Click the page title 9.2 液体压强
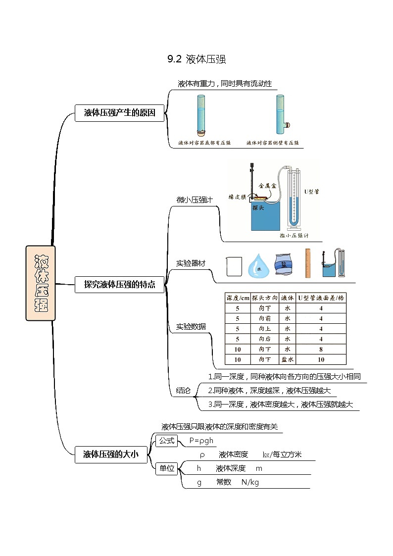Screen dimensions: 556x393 [196, 60]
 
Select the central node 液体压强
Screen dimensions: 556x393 [41, 283]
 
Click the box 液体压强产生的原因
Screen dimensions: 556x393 [119, 113]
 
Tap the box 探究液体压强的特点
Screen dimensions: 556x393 [119, 284]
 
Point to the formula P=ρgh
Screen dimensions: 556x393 [201, 441]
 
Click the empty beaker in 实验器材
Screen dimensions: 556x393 [234, 266]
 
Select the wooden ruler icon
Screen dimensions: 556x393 [307, 263]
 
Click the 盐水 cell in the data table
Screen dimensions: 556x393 [287, 360]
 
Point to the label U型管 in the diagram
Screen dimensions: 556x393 [311, 191]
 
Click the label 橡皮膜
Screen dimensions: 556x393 [237, 197]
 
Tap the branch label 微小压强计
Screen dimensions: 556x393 [195, 201]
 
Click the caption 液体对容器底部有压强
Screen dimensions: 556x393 [204, 143]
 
